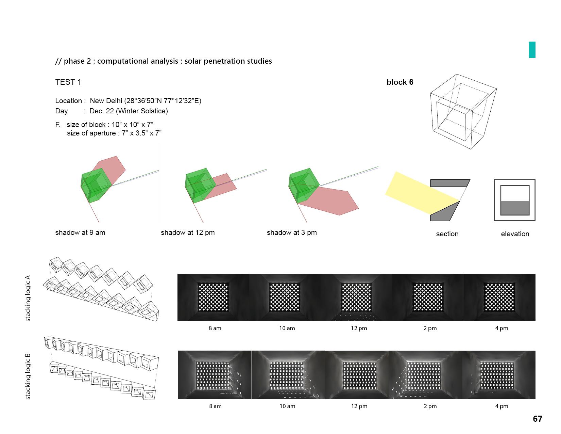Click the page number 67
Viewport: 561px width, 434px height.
(538, 419)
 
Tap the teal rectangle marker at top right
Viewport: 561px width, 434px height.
(532, 50)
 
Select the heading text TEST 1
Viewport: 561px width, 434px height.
(68, 82)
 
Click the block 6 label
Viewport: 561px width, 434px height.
(400, 82)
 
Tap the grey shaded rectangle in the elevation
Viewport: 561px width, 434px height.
(515, 208)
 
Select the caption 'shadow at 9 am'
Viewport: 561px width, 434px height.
(80, 232)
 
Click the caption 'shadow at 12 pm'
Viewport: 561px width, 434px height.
(188, 232)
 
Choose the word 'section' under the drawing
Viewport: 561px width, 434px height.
(447, 234)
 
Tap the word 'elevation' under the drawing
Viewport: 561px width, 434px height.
(515, 234)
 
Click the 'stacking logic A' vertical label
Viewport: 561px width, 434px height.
(28, 298)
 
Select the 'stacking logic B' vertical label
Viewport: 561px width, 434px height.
(28, 376)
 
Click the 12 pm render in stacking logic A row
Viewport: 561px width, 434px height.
(356, 297)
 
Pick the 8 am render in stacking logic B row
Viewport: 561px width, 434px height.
(215, 374)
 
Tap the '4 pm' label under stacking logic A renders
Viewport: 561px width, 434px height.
(502, 328)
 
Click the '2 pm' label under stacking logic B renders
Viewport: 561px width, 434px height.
(430, 406)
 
